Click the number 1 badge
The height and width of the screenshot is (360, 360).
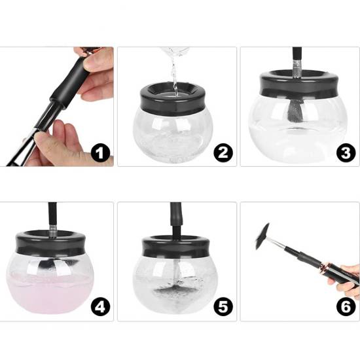[100, 153]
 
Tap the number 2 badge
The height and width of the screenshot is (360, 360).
[223, 153]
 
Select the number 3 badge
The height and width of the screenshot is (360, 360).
[346, 153]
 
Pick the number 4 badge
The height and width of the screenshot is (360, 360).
[100, 307]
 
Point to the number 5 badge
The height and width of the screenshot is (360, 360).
[223, 307]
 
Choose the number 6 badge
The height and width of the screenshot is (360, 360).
[346, 307]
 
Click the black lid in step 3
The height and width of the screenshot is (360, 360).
[299, 88]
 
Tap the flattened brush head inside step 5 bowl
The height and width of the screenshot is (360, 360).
[175, 291]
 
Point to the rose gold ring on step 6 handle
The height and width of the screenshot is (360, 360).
[325, 266]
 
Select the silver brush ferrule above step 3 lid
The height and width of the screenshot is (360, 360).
[297, 69]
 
